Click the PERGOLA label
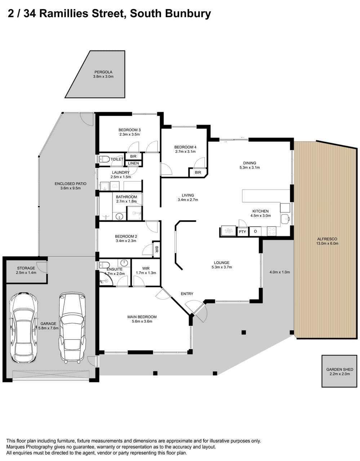(x=103, y=72)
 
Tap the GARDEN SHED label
(x=340, y=369)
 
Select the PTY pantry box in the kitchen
(x=242, y=232)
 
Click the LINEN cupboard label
(x=133, y=163)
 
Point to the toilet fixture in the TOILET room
(x=104, y=159)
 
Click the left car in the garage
(x=23, y=328)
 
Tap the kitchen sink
(x=285, y=219)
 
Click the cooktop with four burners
(x=271, y=231)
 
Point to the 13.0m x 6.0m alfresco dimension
(x=327, y=243)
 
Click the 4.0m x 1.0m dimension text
(x=280, y=272)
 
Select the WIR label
(x=146, y=269)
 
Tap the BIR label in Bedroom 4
(x=198, y=173)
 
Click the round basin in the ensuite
(x=124, y=263)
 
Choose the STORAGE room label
(x=26, y=268)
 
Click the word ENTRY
(x=187, y=294)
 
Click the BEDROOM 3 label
(x=129, y=130)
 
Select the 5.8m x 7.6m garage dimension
(x=48, y=328)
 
